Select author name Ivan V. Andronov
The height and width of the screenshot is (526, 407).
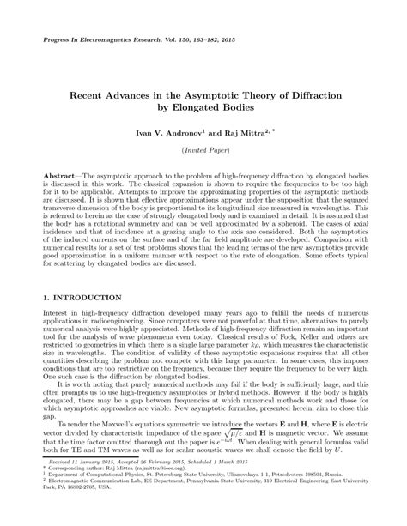(167, 135)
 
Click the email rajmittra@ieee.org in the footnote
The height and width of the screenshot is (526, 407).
(178, 492)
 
